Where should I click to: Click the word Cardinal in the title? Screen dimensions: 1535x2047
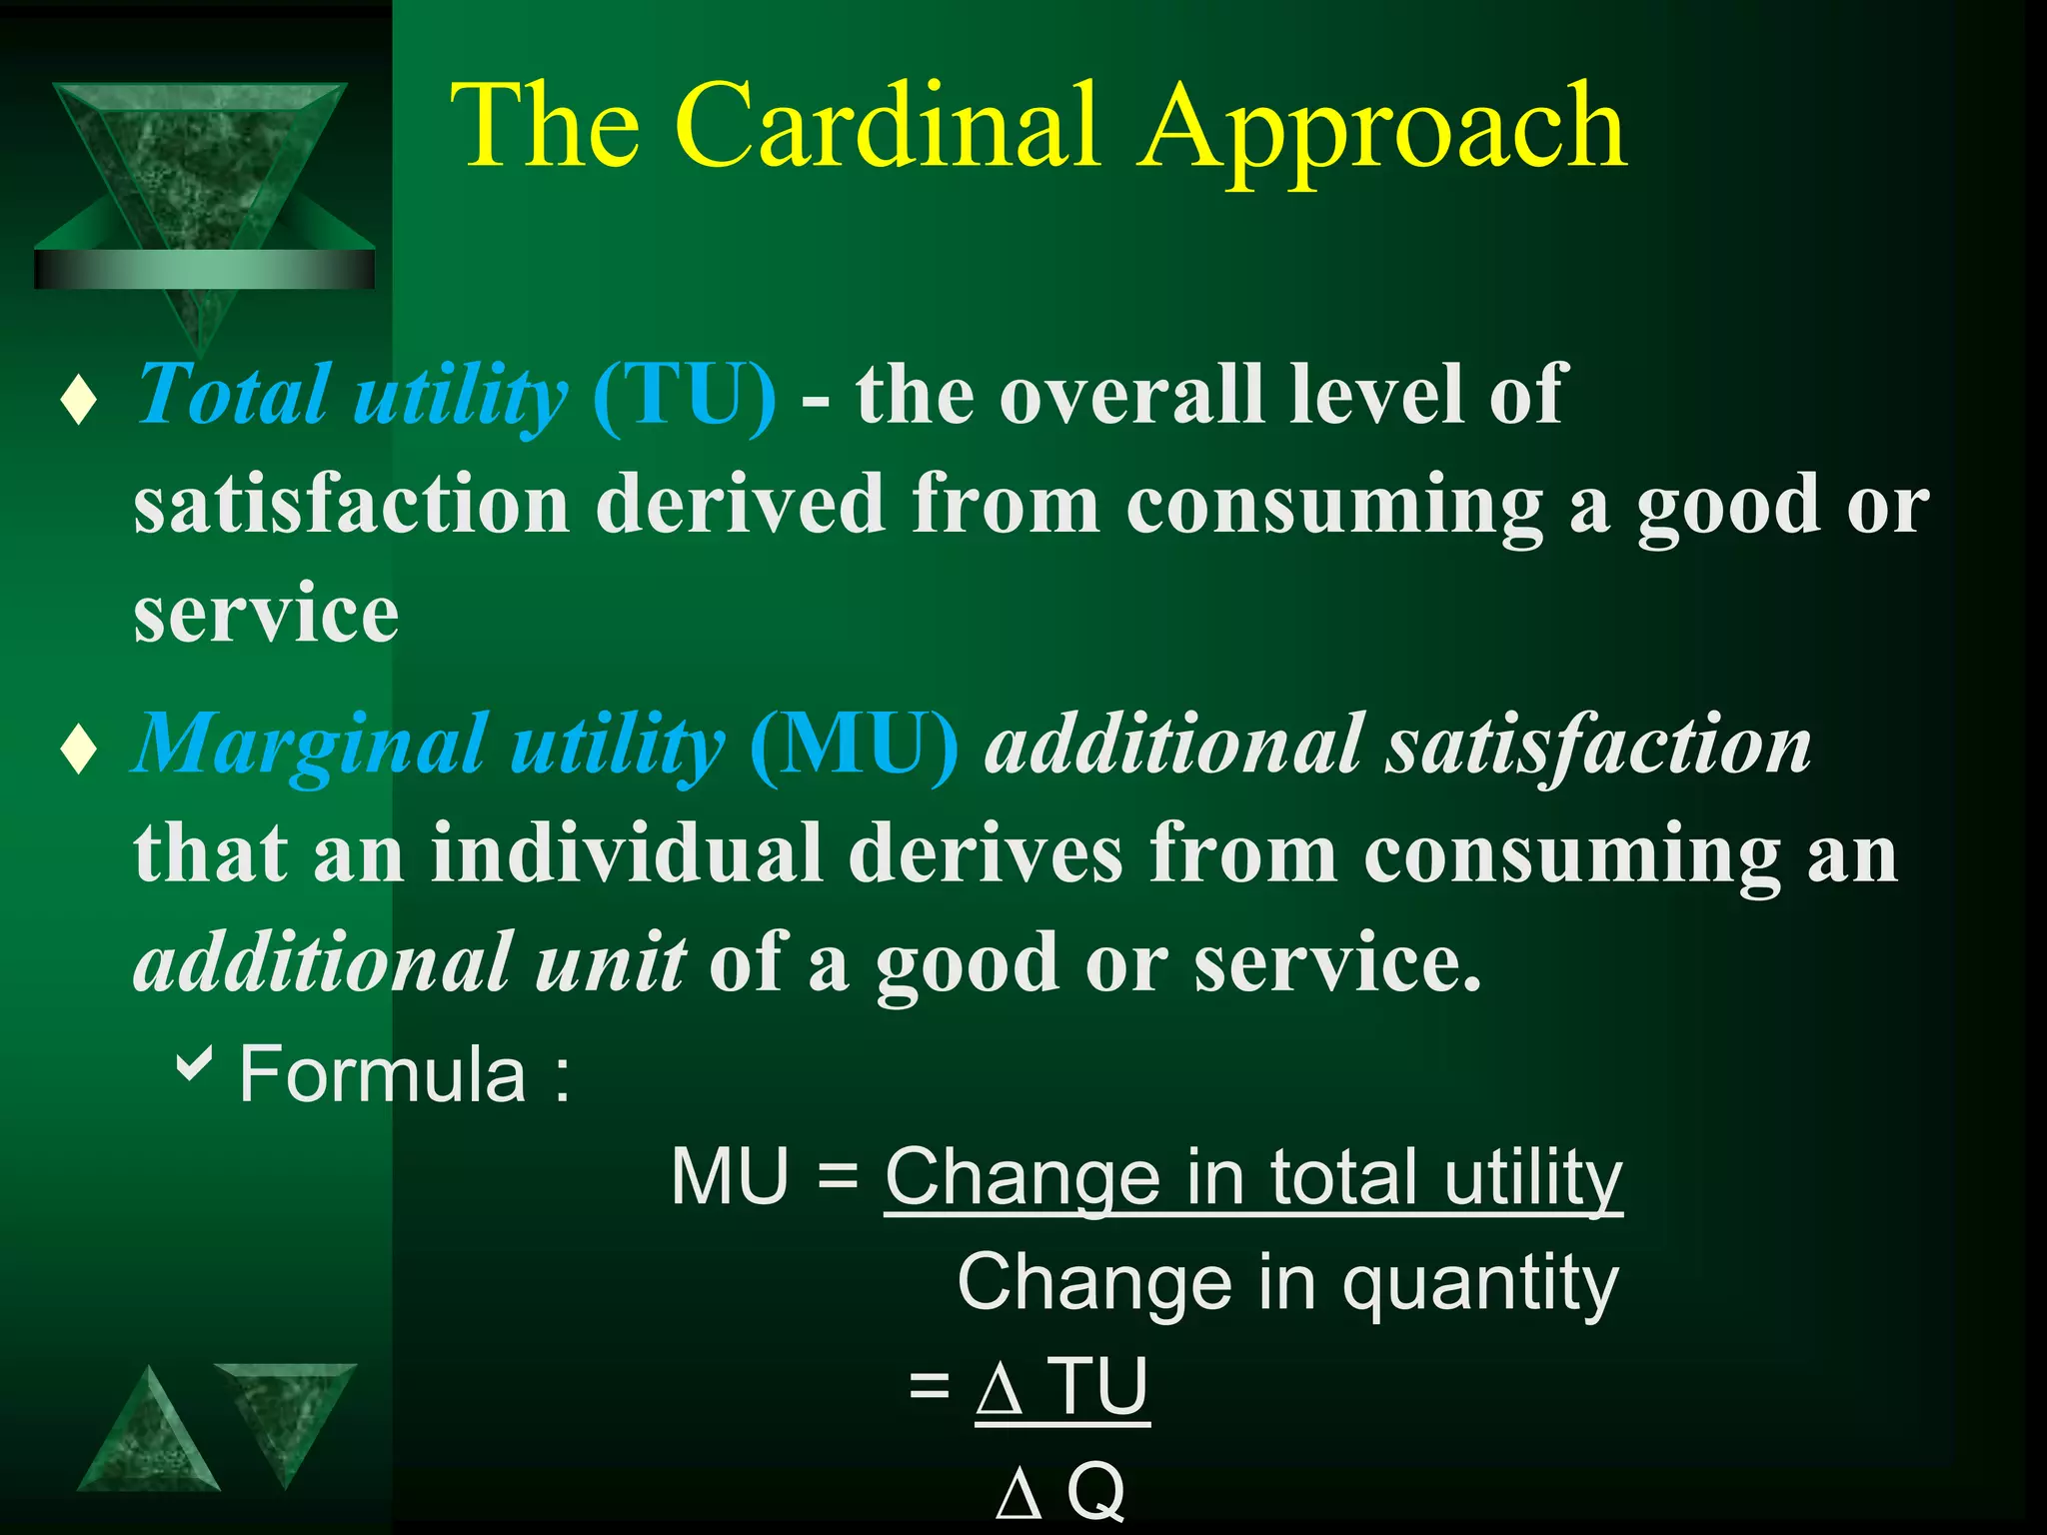888,128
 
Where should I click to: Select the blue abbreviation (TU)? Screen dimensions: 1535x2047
684,395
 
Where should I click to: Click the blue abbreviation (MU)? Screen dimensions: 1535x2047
854,746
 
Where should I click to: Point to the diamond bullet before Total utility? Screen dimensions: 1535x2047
78,402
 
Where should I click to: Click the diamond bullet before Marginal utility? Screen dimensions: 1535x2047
78,751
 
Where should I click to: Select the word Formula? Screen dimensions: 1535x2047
382,1075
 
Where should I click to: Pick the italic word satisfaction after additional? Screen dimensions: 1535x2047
1597,746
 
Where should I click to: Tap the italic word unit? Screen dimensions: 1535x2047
610,961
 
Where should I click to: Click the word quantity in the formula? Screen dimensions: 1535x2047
1479,1284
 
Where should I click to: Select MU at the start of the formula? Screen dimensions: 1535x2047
730,1177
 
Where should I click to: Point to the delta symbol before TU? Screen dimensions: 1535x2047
1001,1389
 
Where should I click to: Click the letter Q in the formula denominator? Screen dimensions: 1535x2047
1095,1492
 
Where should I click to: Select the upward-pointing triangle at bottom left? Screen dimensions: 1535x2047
149,1434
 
